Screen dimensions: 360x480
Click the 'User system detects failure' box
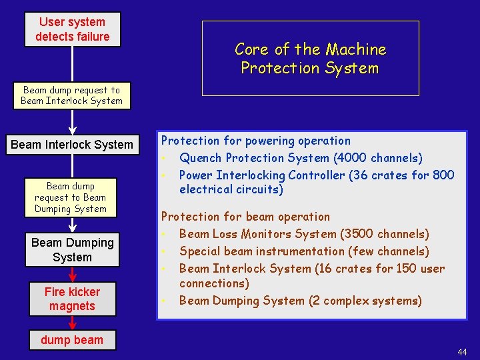pos(72,29)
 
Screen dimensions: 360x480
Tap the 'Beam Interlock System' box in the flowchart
pos(72,145)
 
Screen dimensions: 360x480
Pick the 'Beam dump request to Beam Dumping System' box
pos(71,197)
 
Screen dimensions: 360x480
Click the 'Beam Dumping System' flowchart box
pos(72,250)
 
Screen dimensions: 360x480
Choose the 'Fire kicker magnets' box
pos(72,299)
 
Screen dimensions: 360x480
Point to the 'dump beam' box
pos(72,340)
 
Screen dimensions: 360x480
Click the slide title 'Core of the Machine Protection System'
pos(310,59)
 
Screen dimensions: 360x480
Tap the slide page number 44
pos(462,352)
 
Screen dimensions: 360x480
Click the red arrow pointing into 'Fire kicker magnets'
pos(73,275)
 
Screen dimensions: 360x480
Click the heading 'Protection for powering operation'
pos(255,141)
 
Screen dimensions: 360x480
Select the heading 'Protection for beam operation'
pos(245,217)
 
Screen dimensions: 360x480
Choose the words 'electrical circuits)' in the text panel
pos(231,190)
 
